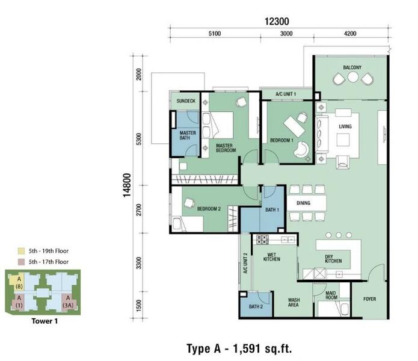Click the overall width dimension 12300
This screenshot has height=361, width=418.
pyautogui.click(x=277, y=21)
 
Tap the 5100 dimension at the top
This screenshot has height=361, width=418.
pyautogui.click(x=215, y=34)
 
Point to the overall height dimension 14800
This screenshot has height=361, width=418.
pyautogui.click(x=127, y=185)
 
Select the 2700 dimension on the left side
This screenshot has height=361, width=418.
pyautogui.click(x=138, y=210)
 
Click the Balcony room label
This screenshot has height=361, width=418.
pyautogui.click(x=352, y=67)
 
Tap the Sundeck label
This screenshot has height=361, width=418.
pyautogui.click(x=186, y=101)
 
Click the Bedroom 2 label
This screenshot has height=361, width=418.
pyautogui.click(x=209, y=209)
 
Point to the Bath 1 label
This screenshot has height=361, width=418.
pyautogui.click(x=272, y=210)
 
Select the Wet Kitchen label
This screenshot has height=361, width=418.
pyautogui.click(x=272, y=257)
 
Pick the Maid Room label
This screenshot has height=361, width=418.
pyautogui.click(x=331, y=295)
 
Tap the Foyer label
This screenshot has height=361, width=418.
pyautogui.click(x=369, y=299)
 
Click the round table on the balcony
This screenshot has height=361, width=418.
pyautogui.click(x=352, y=78)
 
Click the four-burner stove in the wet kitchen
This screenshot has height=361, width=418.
pyautogui.click(x=262, y=239)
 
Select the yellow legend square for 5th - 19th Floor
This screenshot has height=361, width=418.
pyautogui.click(x=21, y=251)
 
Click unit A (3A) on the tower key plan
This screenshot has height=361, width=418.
pyautogui.click(x=68, y=302)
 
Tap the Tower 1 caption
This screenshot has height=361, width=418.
pyautogui.click(x=45, y=321)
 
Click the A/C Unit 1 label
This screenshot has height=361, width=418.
pyautogui.click(x=286, y=94)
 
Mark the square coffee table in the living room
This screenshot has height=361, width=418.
pyautogui.click(x=343, y=140)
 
